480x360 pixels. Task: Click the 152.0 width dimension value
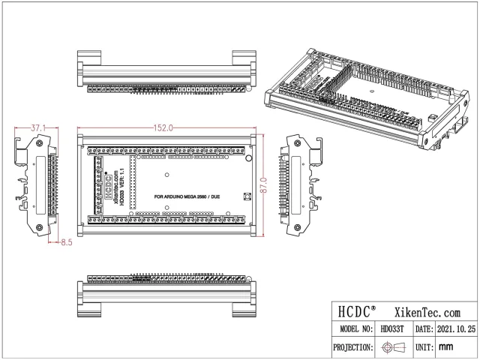[163, 128]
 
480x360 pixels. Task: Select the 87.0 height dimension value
[264, 182]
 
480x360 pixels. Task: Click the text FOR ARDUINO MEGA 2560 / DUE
[187, 196]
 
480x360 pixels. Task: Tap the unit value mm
[446, 347]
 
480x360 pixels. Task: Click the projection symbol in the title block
[392, 347]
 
